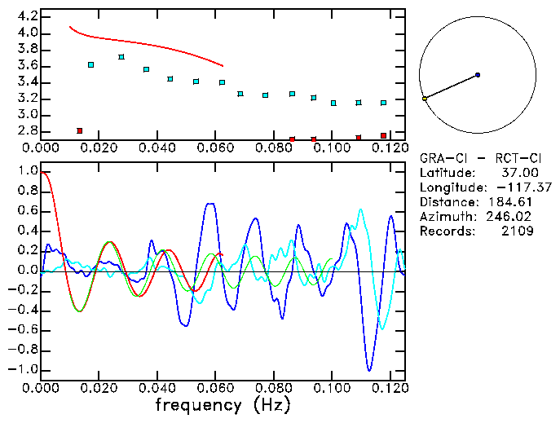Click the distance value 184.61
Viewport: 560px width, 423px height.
coord(515,202)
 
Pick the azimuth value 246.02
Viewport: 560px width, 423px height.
coord(515,217)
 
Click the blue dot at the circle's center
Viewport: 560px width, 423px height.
coord(477,75)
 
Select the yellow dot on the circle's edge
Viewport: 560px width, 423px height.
coord(425,99)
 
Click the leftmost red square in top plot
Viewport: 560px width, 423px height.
coord(79,130)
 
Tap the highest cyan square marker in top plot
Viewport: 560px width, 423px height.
coord(121,57)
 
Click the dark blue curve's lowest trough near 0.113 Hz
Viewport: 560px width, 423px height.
coord(369,371)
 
